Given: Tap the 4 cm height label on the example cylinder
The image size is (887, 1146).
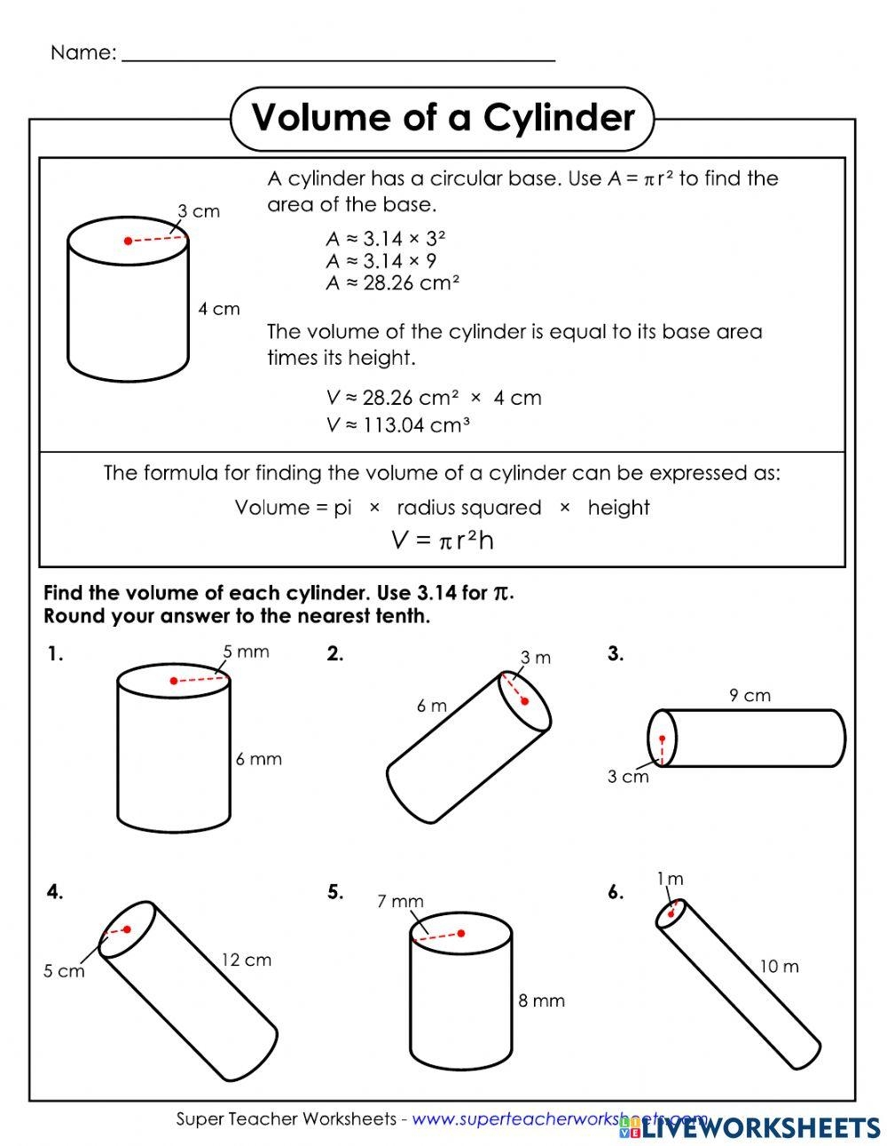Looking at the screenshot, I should (x=218, y=309).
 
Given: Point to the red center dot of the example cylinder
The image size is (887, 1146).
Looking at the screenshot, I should (x=129, y=241).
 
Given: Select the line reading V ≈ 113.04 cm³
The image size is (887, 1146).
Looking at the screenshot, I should (x=397, y=425).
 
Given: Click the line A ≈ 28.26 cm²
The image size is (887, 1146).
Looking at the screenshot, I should (x=392, y=283).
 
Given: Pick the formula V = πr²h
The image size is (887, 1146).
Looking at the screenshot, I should (x=442, y=540).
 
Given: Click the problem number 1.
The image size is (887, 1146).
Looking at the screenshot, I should (x=56, y=655).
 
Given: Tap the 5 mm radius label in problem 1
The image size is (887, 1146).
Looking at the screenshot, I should (x=246, y=652).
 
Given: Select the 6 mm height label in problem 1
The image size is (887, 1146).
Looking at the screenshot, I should (x=258, y=759).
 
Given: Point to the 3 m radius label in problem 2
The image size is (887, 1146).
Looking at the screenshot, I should (x=535, y=657).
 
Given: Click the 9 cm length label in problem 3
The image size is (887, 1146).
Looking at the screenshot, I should (x=750, y=695).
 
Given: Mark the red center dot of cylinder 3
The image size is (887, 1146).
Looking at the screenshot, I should (x=662, y=739).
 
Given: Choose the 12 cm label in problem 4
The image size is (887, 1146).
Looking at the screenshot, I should (x=246, y=960).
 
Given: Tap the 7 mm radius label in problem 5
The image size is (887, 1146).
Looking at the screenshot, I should (x=400, y=901).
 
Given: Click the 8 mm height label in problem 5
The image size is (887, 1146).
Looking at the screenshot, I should (x=541, y=1000).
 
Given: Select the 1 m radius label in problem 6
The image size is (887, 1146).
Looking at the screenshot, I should (x=670, y=879).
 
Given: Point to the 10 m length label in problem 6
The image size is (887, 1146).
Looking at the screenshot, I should (x=779, y=966).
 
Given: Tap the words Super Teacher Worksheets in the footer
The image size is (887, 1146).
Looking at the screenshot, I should (x=286, y=1119).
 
